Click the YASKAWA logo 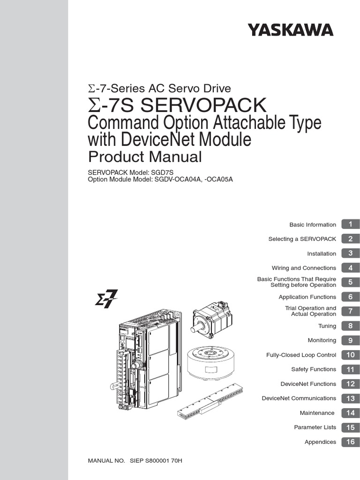tap(291, 30)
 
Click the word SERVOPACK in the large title tap(203, 105)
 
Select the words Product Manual tap(145, 157)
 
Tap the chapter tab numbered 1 tap(350, 225)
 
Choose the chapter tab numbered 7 tap(350, 311)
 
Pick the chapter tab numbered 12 tap(350, 384)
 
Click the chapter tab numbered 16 tap(350, 442)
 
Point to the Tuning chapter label tap(327, 326)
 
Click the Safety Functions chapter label tap(314, 369)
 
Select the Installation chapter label tap(322, 254)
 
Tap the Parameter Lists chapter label tap(315, 427)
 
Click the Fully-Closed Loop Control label tap(301, 355)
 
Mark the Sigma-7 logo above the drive tap(106, 300)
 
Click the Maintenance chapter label tap(317, 413)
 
